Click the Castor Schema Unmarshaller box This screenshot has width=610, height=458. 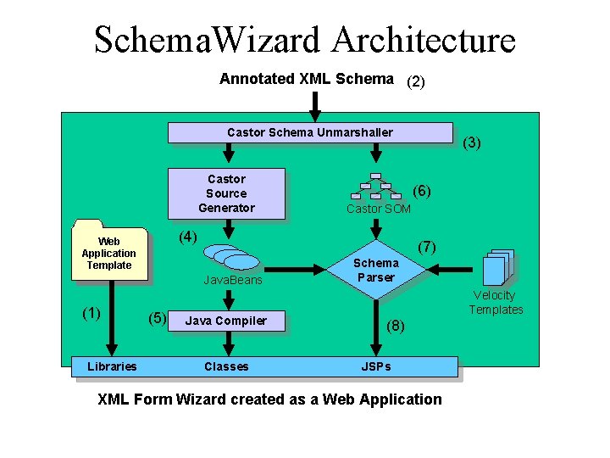309,132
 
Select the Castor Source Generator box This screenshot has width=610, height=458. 226,193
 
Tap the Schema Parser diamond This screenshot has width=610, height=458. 375,271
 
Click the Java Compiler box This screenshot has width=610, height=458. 225,321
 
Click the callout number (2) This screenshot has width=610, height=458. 416,82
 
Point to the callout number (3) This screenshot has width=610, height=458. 472,143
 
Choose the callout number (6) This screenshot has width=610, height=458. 422,192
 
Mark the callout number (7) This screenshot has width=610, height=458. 427,247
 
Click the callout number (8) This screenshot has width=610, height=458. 396,325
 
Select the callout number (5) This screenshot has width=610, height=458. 157,319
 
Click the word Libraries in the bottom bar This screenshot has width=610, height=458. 111,366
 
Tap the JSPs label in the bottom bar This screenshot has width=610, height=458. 376,366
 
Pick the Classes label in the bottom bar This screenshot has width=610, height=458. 226,366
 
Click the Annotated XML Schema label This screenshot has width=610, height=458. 306,79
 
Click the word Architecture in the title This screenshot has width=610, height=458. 423,40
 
